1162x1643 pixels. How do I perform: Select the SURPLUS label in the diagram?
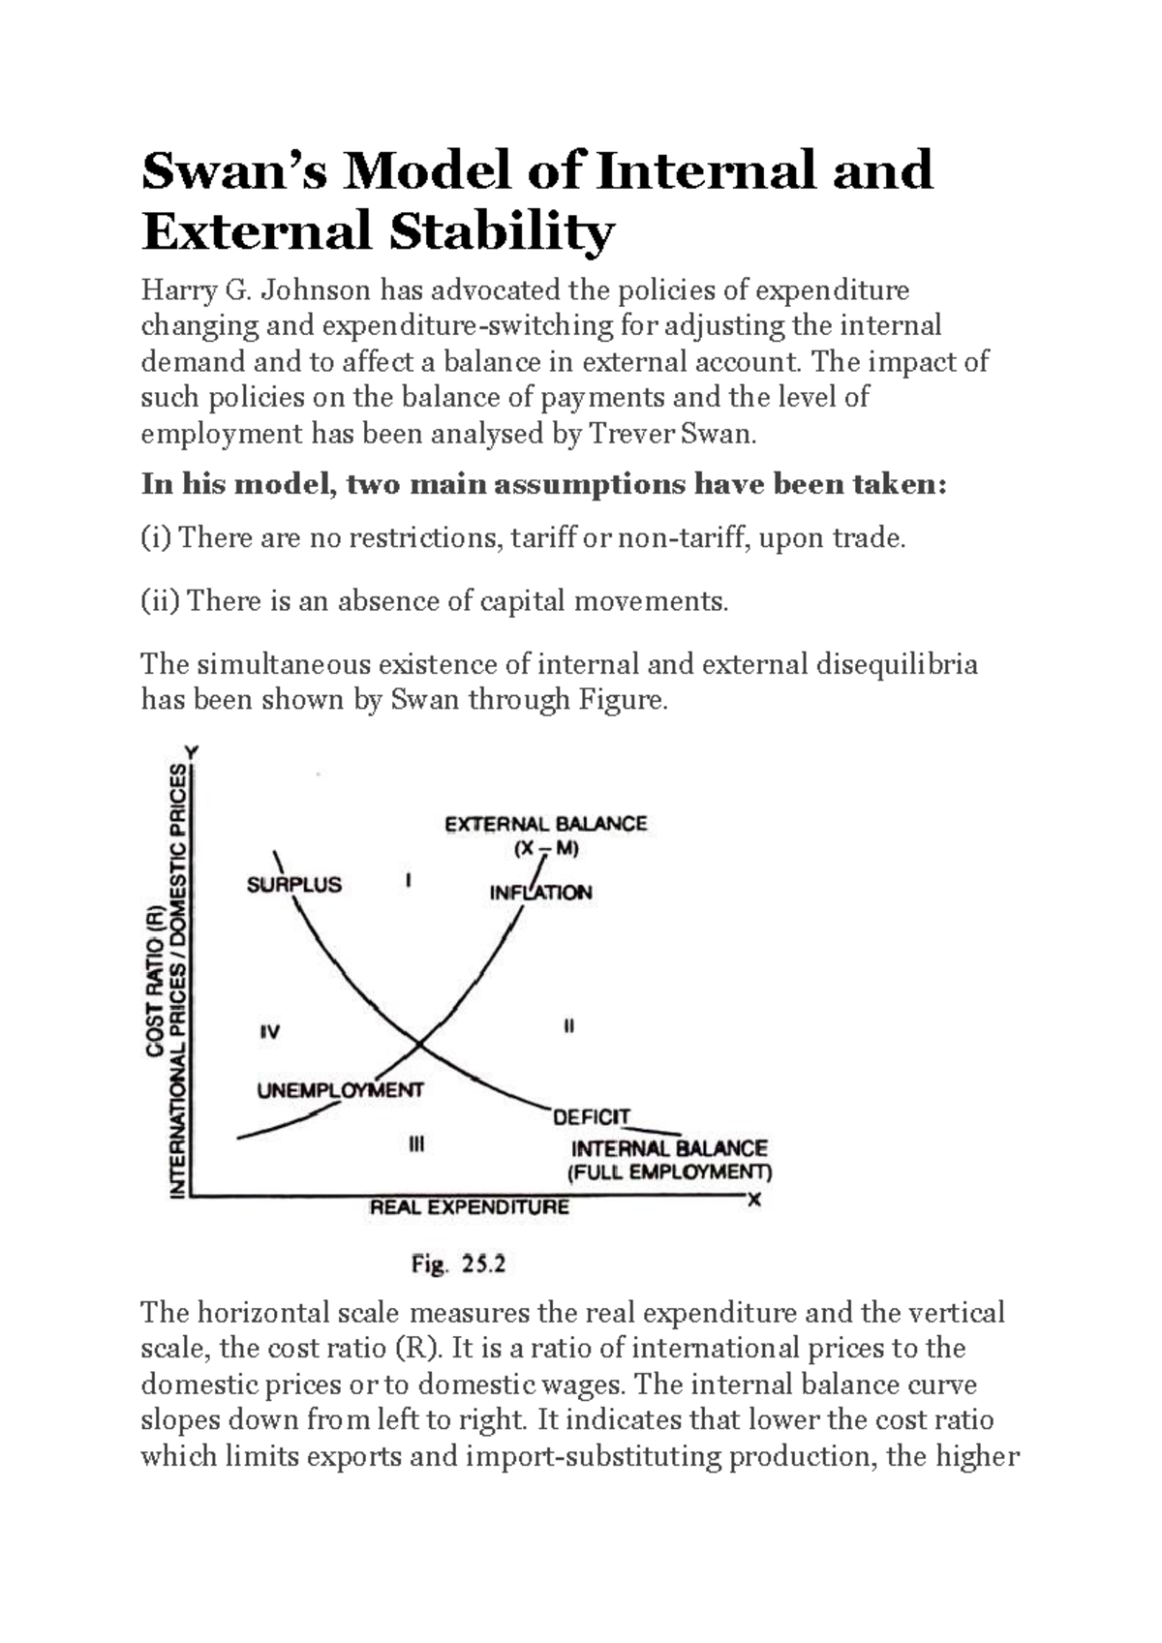coord(293,884)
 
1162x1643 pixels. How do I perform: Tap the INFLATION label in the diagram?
coord(540,893)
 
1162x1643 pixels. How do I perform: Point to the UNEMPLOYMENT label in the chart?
coord(340,1090)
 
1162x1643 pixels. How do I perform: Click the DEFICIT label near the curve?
coord(591,1117)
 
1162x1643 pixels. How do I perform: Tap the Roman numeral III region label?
coord(416,1145)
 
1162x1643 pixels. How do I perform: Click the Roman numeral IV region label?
coord(270,1032)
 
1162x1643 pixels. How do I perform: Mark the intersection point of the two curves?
coord(419,1044)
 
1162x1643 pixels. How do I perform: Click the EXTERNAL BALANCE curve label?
coord(545,824)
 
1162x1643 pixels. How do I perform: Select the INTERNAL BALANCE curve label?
coord(669,1149)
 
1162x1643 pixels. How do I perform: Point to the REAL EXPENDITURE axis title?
coord(470,1207)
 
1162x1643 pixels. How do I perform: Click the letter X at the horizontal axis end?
coord(754,1200)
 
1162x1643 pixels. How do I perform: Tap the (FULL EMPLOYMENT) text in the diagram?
coord(669,1172)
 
